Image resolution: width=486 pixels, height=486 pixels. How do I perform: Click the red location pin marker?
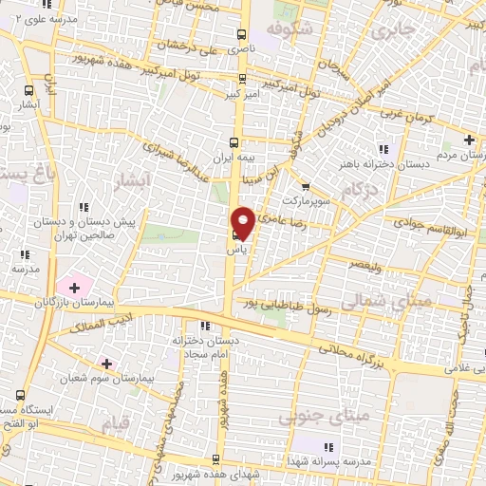tap(242, 222)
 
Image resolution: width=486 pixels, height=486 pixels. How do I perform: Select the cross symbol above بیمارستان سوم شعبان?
tap(106, 363)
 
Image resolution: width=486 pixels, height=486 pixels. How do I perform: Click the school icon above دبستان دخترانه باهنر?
tap(384, 148)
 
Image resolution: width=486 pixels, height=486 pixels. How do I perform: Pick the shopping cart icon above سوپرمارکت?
tap(306, 186)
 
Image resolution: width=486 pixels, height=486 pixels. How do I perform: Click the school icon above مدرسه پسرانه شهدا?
tap(329, 446)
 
